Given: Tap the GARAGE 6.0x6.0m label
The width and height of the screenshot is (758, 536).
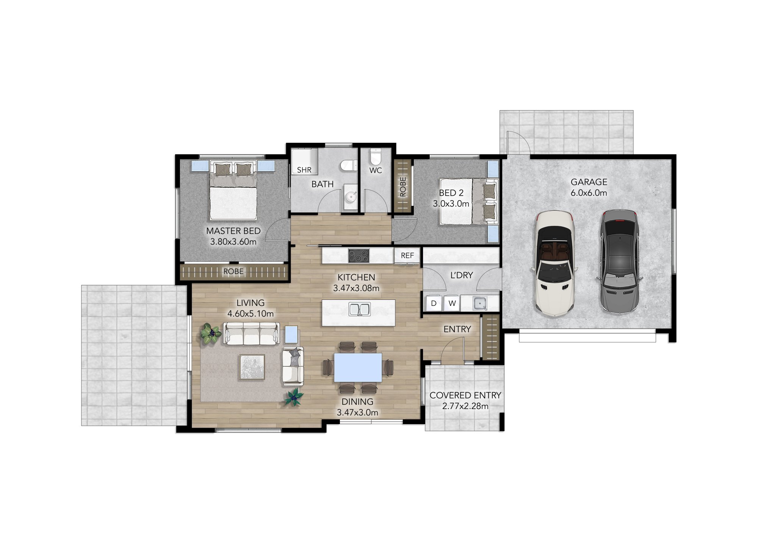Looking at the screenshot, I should (589, 187).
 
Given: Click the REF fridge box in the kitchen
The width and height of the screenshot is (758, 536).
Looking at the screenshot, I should (407, 255).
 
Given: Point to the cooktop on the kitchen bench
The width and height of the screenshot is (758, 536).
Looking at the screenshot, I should (359, 255).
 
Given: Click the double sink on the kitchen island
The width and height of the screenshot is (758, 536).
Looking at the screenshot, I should (359, 309).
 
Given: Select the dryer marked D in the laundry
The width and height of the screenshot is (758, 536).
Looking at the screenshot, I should (434, 303).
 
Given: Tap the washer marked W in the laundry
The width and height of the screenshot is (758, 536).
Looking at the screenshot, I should (452, 303).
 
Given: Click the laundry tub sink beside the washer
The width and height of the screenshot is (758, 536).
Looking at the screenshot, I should (480, 303).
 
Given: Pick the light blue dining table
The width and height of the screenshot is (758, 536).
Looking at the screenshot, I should (358, 367).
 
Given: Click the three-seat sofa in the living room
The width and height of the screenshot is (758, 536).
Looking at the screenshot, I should (251, 334).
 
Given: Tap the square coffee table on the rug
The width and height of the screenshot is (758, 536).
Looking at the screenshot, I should (252, 367).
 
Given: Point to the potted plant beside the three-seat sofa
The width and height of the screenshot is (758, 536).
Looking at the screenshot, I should (211, 334).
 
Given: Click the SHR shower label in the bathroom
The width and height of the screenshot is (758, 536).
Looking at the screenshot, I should (304, 170).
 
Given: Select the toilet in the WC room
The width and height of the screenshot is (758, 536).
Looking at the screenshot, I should (375, 157).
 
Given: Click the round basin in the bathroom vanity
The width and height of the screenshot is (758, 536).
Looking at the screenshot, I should (351, 197).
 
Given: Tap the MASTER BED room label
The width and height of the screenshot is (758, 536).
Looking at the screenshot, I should (233, 231).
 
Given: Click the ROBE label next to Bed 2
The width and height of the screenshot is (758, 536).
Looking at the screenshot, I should (403, 187).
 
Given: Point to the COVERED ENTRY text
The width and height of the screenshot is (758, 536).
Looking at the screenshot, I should (465, 395).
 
